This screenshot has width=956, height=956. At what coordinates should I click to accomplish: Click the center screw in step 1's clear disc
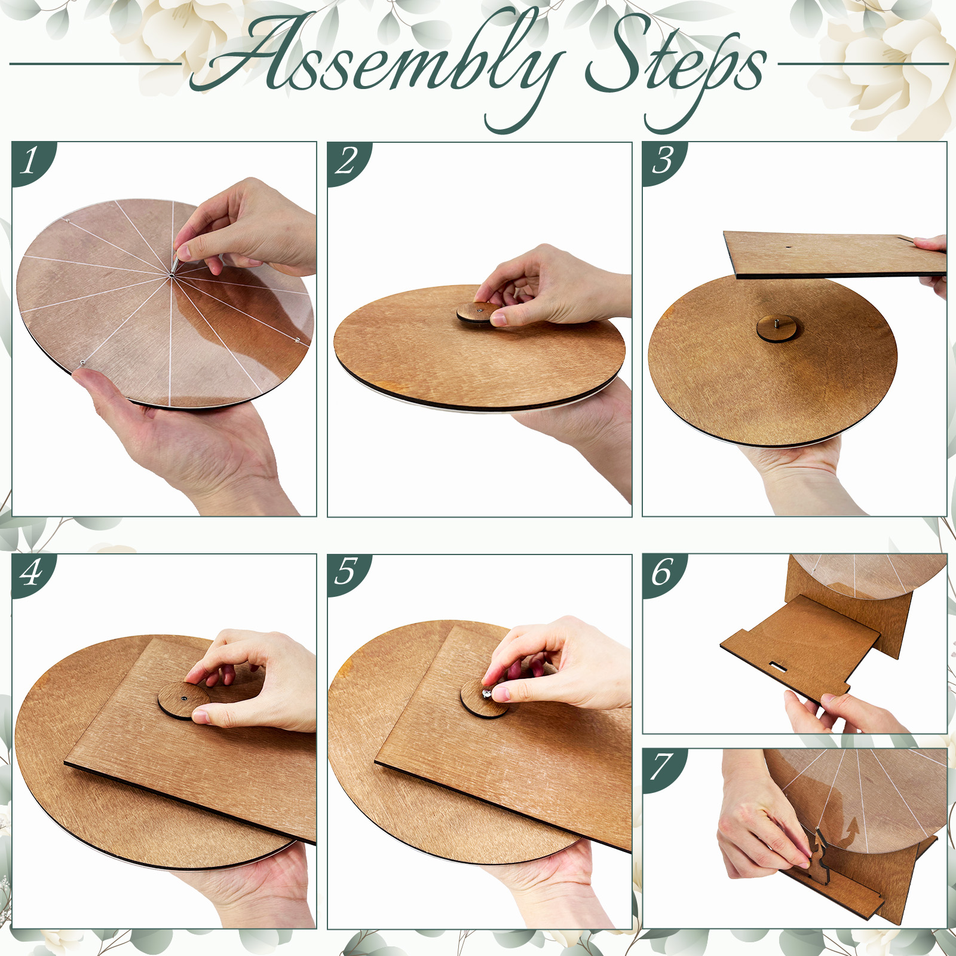[171, 275]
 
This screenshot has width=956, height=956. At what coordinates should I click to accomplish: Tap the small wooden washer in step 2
[479, 314]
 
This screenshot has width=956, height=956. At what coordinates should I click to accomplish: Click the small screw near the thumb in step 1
[82, 362]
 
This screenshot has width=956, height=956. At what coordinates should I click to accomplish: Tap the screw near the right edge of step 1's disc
[298, 340]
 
